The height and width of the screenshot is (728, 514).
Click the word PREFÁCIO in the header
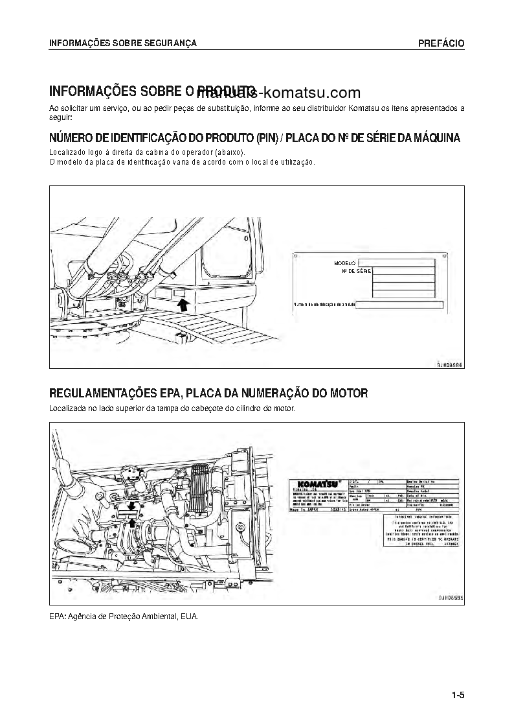tap(441, 43)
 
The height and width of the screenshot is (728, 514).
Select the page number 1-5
tap(458, 696)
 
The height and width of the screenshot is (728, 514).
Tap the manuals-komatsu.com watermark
tap(298, 92)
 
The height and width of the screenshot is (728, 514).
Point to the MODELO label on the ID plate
tap(346, 263)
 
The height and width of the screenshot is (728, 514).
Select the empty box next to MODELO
tap(403, 262)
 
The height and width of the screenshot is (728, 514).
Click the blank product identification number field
tap(399, 305)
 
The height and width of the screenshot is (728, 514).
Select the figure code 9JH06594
tap(450, 364)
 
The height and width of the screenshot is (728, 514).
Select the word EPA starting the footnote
tap(57, 616)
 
